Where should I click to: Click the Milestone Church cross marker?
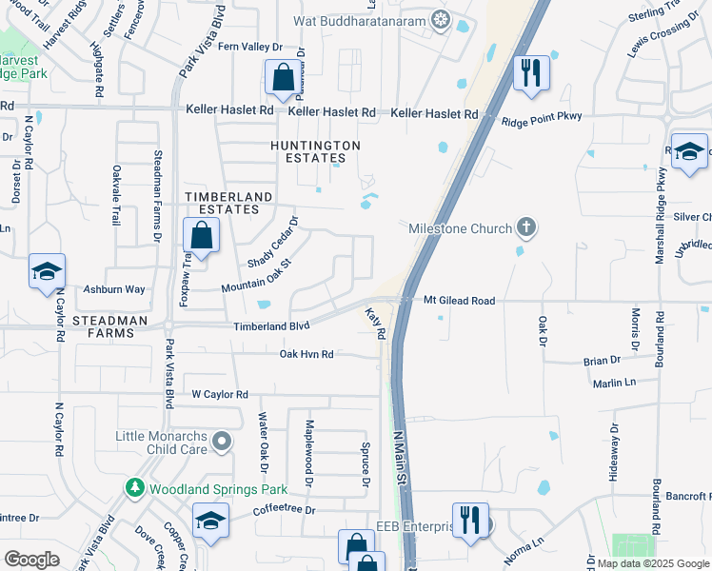tap(524, 227)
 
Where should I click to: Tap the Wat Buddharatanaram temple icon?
tap(440, 18)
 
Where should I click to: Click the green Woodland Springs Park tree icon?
tap(135, 489)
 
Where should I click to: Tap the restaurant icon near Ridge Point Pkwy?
tap(531, 72)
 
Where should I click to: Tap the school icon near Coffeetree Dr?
tap(210, 521)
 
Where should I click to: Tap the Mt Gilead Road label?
tap(460, 301)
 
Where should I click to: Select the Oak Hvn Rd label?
tap(307, 354)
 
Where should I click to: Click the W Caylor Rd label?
tap(220, 394)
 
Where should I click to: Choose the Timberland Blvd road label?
tap(272, 325)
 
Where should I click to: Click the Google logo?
tap(31, 560)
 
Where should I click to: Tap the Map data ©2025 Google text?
tap(653, 563)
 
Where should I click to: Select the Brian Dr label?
tap(602, 361)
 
